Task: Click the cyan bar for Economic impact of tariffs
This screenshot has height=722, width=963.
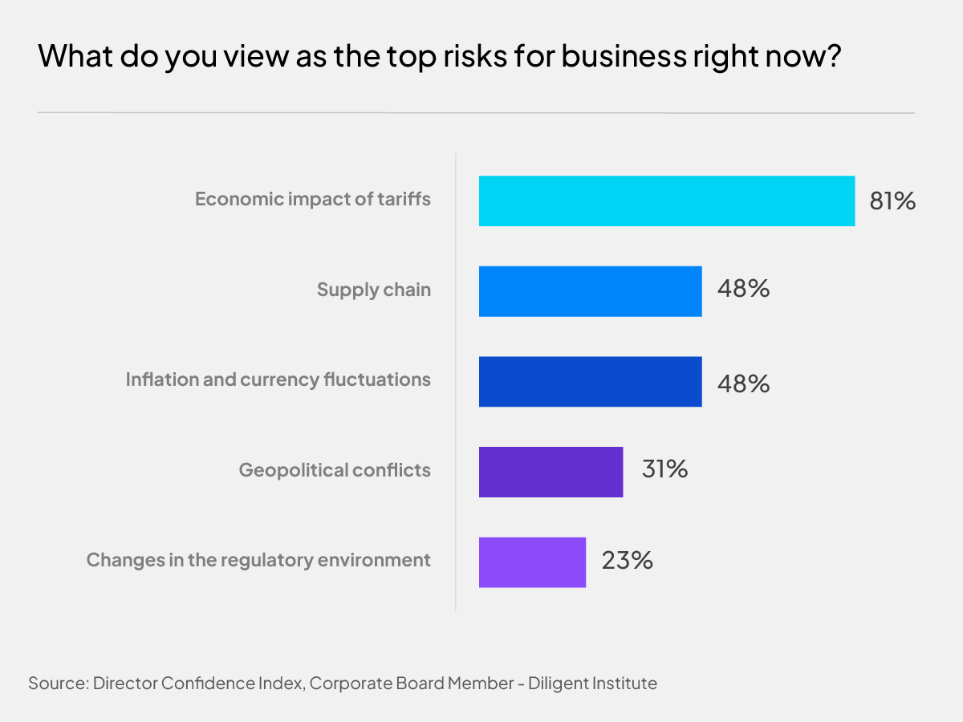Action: click(x=666, y=201)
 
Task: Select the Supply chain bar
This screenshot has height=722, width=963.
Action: click(x=590, y=291)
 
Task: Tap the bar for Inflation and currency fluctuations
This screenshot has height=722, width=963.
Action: click(x=590, y=381)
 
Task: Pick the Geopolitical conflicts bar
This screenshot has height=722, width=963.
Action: click(x=551, y=472)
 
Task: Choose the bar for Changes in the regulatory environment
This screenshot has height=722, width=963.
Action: click(x=532, y=562)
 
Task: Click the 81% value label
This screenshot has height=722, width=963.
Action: click(x=892, y=201)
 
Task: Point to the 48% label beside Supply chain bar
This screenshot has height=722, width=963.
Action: click(x=743, y=289)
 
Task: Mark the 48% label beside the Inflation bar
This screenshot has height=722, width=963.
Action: click(x=743, y=383)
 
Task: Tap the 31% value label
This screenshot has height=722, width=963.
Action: click(x=664, y=469)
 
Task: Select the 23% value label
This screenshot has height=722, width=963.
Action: click(x=627, y=560)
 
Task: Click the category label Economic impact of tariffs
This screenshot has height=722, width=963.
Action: click(x=313, y=199)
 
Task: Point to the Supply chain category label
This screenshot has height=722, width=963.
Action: click(x=374, y=290)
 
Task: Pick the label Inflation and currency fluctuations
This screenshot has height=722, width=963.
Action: click(x=278, y=379)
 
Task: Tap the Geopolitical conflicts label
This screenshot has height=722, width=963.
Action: click(x=335, y=470)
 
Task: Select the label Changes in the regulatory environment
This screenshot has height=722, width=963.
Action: click(x=258, y=560)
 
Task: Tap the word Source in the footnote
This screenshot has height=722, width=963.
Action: click(x=57, y=683)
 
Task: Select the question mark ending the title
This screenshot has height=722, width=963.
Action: click(x=831, y=58)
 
